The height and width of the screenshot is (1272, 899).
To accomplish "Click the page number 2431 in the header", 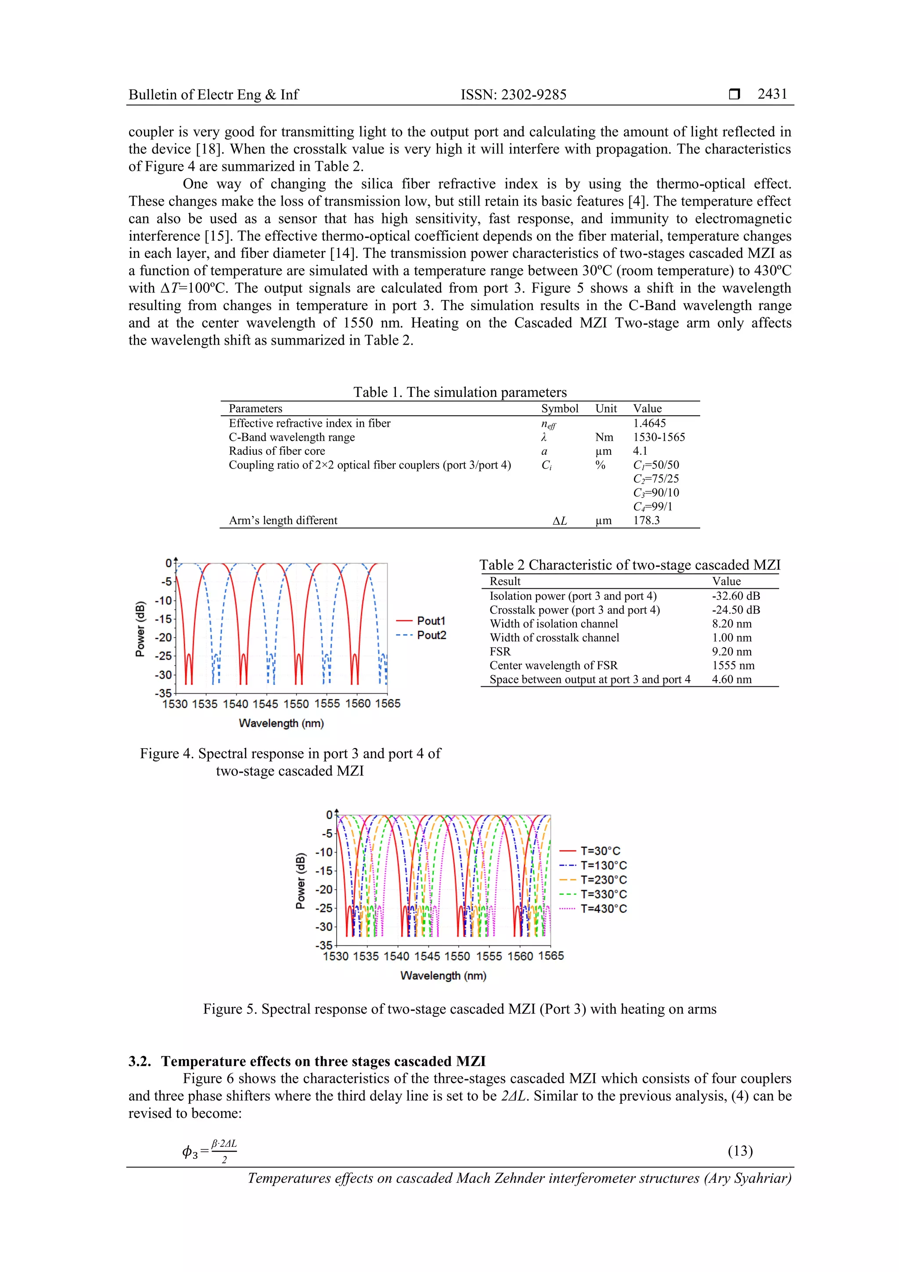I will click(x=772, y=94).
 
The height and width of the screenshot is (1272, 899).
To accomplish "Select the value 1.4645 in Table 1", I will click(x=649, y=423).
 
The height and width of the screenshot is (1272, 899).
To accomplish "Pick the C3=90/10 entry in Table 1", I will click(x=656, y=493).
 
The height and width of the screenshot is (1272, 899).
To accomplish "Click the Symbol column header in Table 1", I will click(x=559, y=408).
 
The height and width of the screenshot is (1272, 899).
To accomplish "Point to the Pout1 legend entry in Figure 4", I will click(x=430, y=621).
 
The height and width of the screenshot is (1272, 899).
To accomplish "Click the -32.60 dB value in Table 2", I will click(x=736, y=596).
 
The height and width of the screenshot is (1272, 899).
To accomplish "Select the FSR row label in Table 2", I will click(x=500, y=652).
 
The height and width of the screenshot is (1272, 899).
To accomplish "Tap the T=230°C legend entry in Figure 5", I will click(x=603, y=880).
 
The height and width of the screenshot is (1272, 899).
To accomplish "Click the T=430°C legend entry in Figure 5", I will click(x=603, y=908).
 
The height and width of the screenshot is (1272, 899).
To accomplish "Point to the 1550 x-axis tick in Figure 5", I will click(x=457, y=956).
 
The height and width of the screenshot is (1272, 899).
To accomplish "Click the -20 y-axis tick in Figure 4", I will click(x=163, y=638).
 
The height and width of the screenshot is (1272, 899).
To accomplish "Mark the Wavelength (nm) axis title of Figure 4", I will click(x=281, y=723).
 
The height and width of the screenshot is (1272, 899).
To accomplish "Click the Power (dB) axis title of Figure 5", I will click(x=300, y=881).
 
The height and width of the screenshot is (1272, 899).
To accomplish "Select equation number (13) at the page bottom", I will click(x=740, y=1151).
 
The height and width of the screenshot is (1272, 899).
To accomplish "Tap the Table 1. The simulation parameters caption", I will click(x=460, y=392).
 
